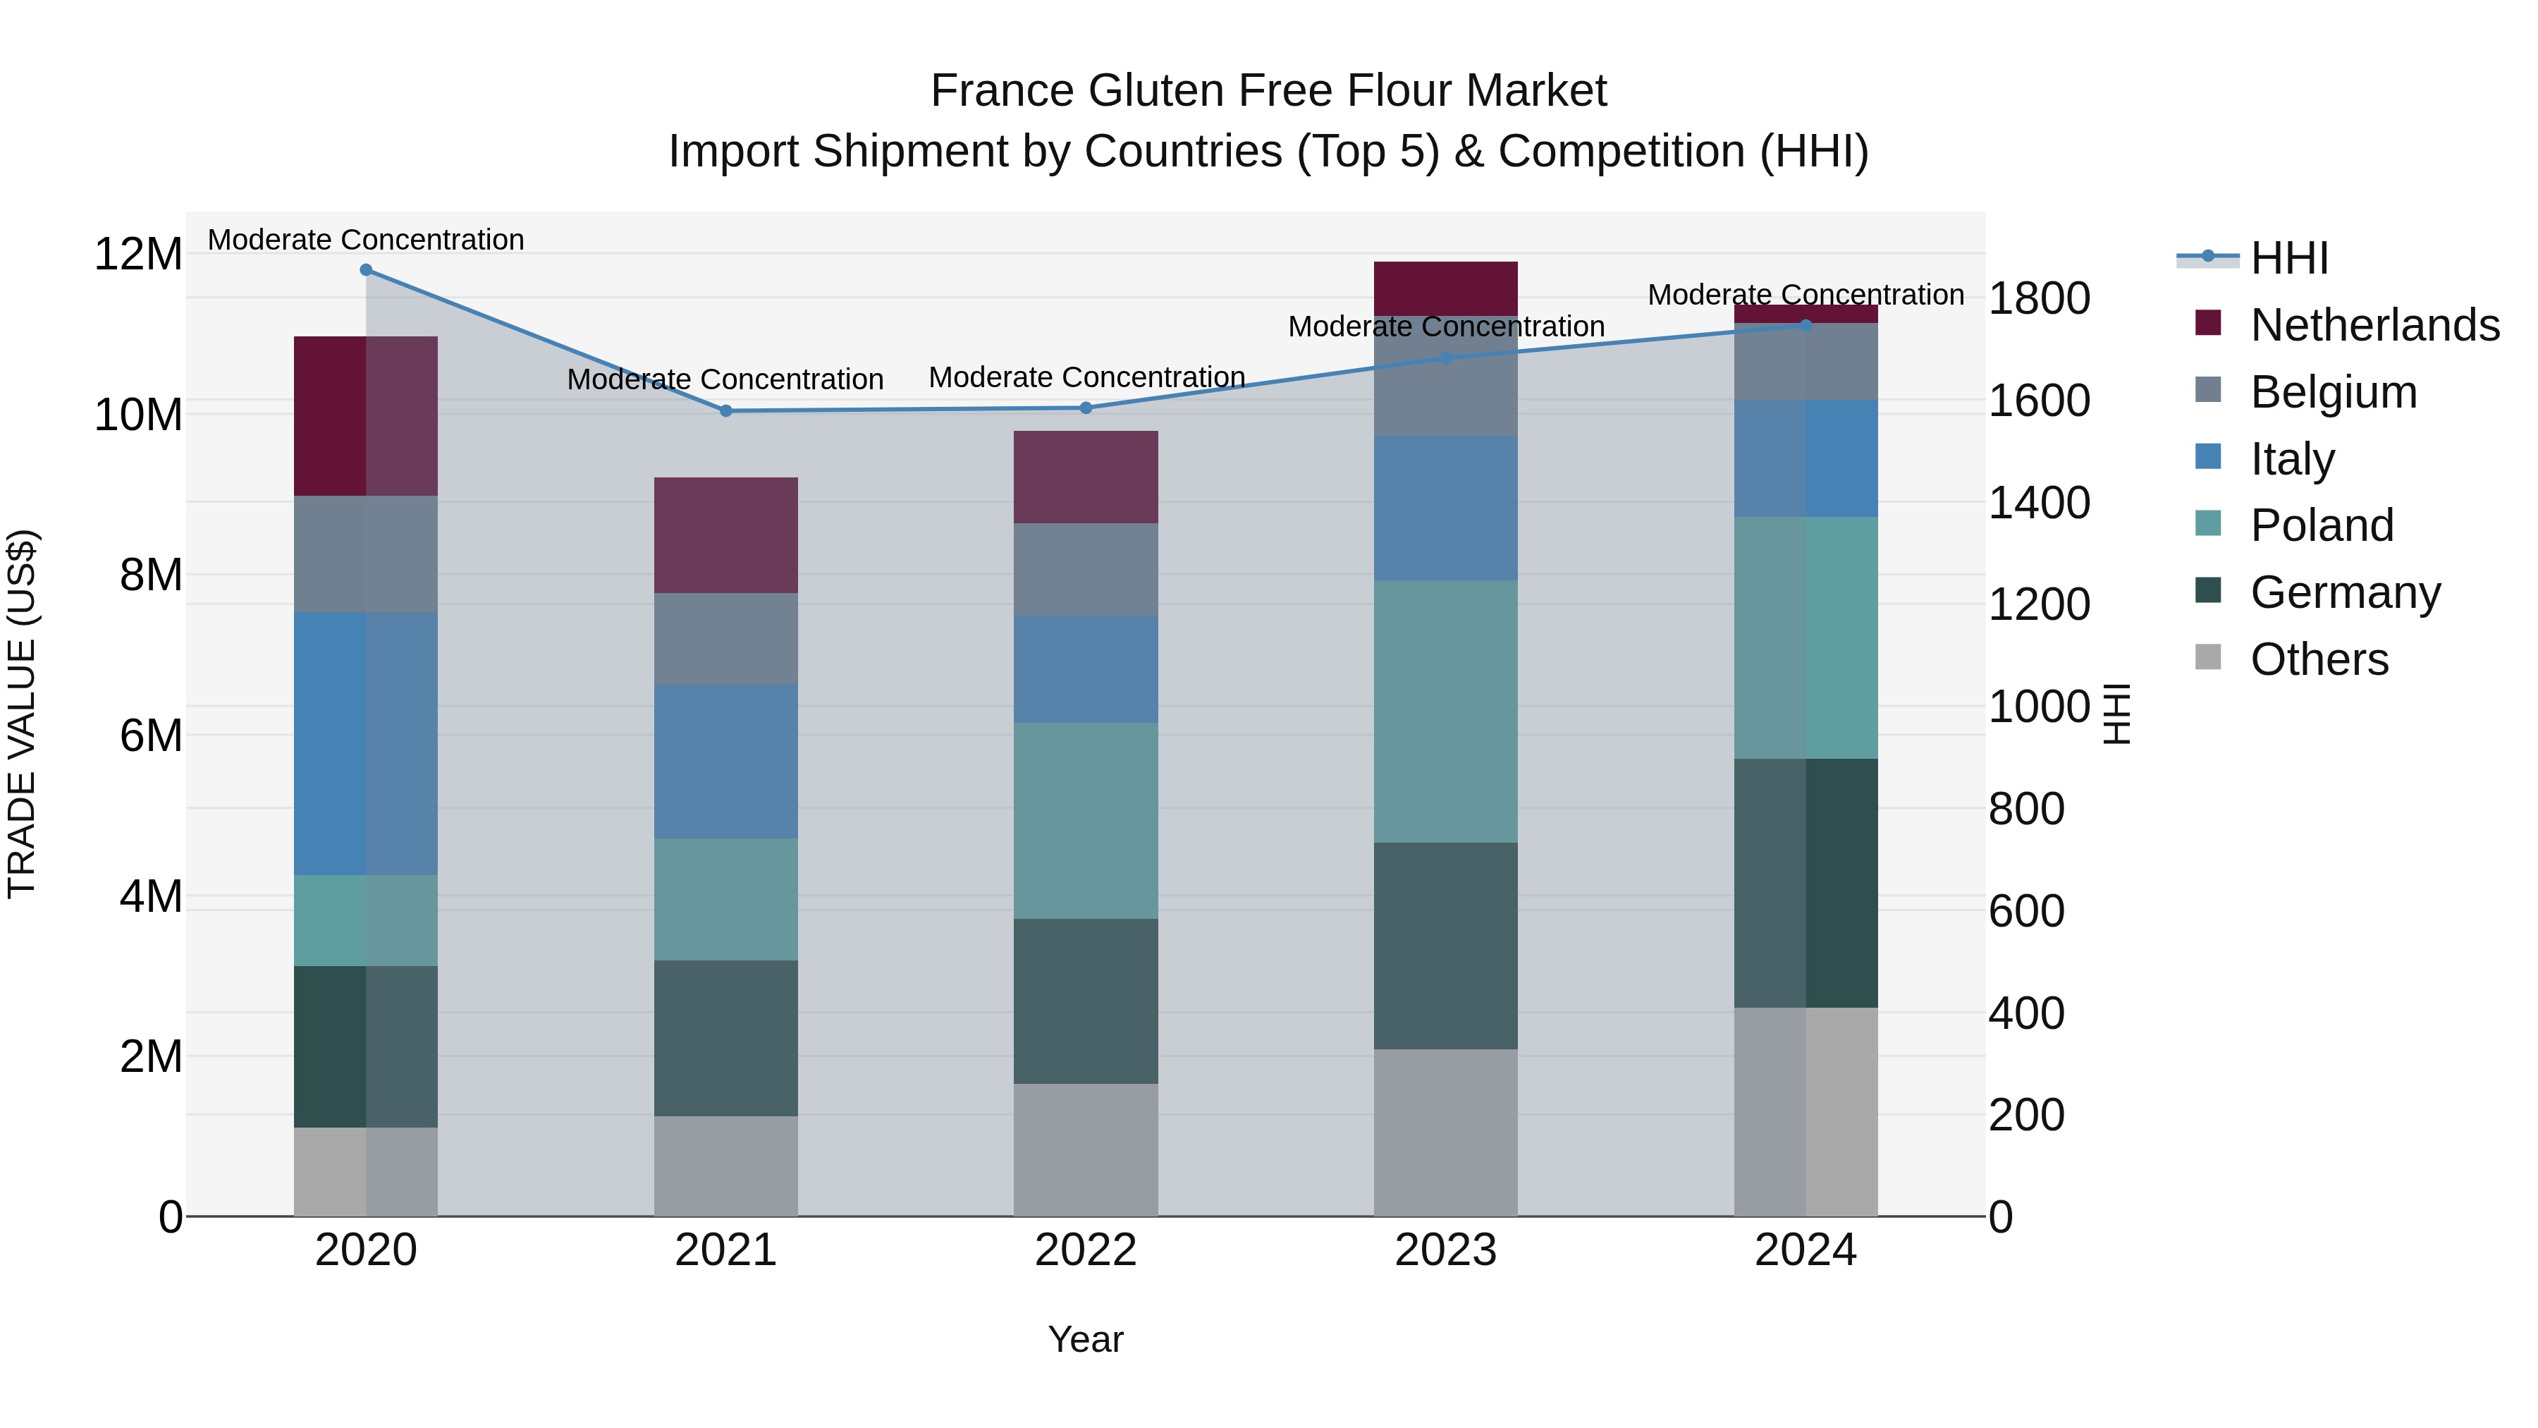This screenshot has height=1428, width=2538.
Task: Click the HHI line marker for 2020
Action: pyautogui.click(x=365, y=269)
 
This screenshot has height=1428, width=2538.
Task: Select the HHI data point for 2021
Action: pyautogui.click(x=726, y=410)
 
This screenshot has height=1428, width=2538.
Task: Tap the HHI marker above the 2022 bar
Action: pyautogui.click(x=1086, y=407)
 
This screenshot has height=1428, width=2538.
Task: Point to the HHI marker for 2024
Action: pyautogui.click(x=1806, y=324)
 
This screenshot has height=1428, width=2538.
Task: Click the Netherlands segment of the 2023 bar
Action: pyautogui.click(x=1445, y=288)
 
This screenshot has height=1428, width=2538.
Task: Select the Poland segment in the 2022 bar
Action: pyautogui.click(x=1086, y=820)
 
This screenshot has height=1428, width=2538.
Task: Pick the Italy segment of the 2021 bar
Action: pyautogui.click(x=726, y=761)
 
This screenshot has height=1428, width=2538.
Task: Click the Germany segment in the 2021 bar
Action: pyautogui.click(x=726, y=1038)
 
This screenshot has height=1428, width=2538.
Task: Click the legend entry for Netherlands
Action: pyautogui.click(x=2374, y=324)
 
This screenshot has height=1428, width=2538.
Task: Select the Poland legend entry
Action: pyautogui.click(x=2322, y=524)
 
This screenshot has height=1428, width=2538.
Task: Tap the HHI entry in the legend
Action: pyautogui.click(x=2288, y=257)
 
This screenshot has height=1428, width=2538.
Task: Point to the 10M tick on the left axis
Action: pyautogui.click(x=138, y=415)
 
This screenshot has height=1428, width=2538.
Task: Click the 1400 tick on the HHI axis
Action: pyautogui.click(x=2038, y=503)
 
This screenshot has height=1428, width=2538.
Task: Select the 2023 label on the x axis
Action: pyautogui.click(x=1445, y=1250)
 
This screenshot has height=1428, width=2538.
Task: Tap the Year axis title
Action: pyautogui.click(x=1086, y=1339)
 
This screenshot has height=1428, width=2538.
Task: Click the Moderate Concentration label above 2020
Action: pyautogui.click(x=365, y=240)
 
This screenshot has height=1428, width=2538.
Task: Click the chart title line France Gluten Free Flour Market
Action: pyautogui.click(x=1268, y=91)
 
